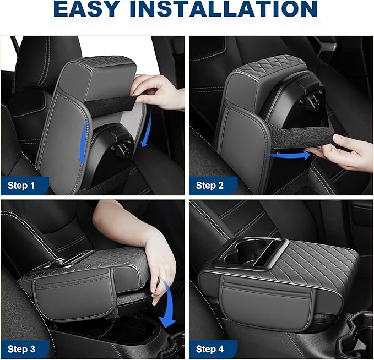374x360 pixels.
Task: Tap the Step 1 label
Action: (21, 186)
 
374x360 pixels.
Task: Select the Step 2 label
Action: (210, 186)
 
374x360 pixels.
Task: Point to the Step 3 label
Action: (21, 349)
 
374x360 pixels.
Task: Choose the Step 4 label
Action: (210, 349)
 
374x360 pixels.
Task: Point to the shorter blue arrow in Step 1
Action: (147, 132)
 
